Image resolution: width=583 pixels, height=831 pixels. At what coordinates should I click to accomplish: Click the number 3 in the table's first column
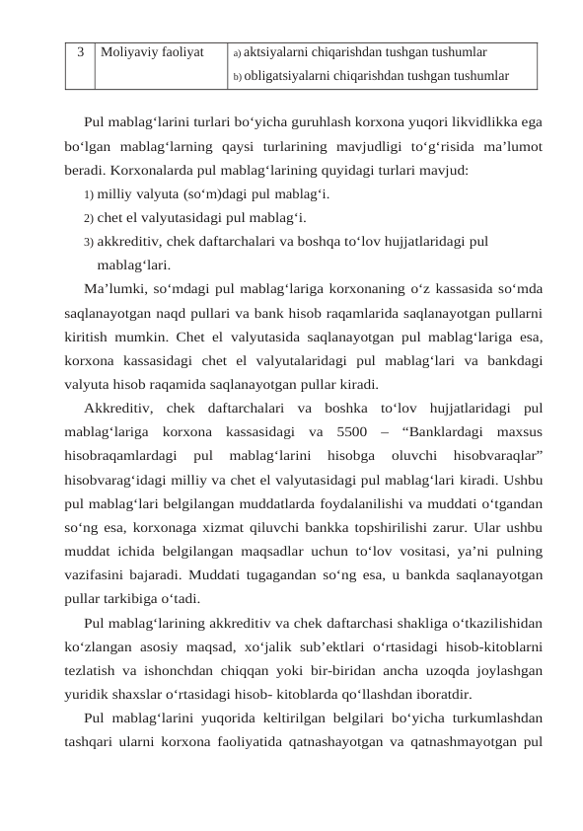coord(80,48)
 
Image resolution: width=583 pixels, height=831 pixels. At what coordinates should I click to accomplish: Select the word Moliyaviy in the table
coord(127,48)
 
